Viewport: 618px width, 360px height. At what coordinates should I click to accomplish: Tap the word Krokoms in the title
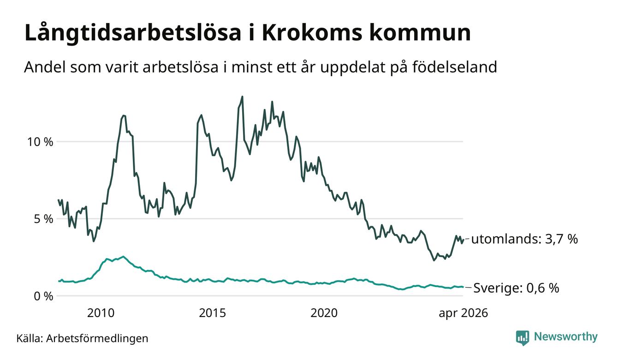311,33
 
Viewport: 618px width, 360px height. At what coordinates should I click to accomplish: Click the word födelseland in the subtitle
454,67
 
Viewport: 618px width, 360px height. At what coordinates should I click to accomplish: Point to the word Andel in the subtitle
45,67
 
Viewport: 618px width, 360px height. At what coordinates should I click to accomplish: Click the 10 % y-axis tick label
40,142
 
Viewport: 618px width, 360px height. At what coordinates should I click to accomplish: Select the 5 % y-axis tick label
44,219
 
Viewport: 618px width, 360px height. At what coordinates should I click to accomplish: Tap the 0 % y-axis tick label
44,296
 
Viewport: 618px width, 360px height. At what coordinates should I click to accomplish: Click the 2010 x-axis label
101,313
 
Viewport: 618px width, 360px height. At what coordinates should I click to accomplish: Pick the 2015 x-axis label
213,313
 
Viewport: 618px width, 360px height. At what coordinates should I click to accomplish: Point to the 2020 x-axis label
324,313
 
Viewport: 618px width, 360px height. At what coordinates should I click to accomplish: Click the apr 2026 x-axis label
463,313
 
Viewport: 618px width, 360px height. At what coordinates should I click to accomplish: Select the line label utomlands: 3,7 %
524,239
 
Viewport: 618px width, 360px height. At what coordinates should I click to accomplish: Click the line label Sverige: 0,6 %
516,288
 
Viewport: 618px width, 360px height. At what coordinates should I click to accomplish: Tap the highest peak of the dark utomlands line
242,96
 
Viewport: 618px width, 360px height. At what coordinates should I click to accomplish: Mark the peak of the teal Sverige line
123,257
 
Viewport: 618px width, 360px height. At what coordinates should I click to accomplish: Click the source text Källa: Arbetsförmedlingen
82,338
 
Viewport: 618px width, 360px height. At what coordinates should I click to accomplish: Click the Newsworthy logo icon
523,338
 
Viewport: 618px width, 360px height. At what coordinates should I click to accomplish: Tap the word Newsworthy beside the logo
565,337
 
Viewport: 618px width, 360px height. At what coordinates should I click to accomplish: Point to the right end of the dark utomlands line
463,240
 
